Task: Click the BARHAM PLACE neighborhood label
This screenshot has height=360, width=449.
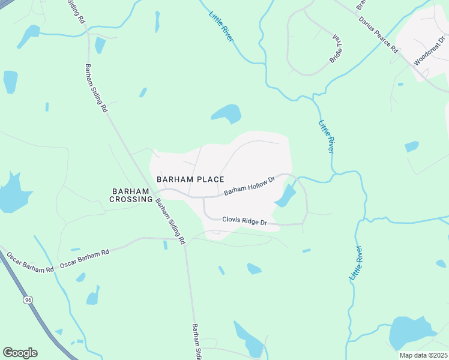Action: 190,179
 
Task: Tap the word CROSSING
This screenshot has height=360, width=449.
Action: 131,199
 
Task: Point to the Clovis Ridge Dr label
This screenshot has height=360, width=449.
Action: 244,221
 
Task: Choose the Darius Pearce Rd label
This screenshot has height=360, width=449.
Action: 379,36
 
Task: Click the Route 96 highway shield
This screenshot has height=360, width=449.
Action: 28,299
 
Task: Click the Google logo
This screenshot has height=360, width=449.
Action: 20,353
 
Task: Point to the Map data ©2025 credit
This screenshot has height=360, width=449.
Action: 423,355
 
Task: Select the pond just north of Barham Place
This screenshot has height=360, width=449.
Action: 226,113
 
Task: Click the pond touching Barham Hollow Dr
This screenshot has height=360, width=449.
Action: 286,196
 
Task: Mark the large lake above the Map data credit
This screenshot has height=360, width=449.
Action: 411,332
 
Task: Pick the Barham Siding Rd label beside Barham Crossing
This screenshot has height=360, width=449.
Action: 170,221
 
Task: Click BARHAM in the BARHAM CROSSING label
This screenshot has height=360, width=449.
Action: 131,191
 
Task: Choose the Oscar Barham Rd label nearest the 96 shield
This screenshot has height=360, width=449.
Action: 30,263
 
